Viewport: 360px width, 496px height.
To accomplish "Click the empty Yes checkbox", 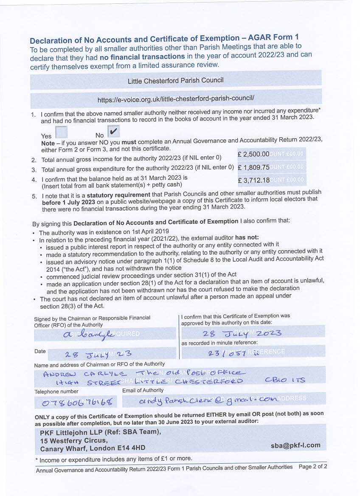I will [x=61, y=132].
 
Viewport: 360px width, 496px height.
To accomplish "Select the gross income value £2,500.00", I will [x=253, y=154].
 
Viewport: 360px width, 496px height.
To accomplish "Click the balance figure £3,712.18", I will [x=253, y=180].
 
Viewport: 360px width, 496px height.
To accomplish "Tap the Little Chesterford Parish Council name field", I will [x=175, y=80].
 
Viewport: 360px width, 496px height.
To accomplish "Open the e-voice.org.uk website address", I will [x=176, y=100].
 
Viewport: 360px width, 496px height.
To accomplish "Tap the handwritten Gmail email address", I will [x=208, y=400].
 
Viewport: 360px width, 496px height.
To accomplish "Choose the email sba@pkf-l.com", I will [x=295, y=445].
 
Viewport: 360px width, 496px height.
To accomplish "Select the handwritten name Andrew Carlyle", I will [x=84, y=374].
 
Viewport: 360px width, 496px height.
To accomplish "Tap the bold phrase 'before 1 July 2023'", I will [x=69, y=202].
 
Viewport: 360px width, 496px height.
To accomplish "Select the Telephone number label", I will [x=56, y=391].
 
